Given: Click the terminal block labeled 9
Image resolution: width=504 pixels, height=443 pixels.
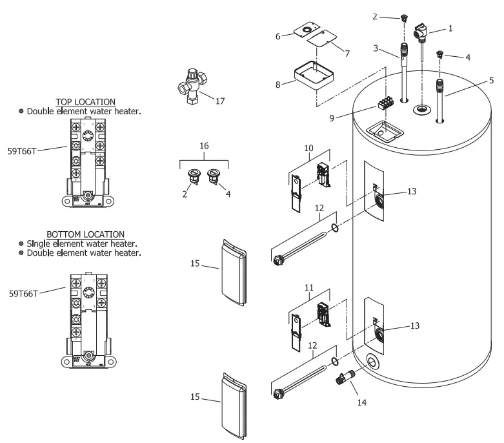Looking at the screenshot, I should tap(386, 105).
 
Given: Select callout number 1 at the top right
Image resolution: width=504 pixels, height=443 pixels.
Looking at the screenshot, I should tap(450, 28).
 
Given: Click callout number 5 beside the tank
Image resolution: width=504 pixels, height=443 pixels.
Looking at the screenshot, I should tap(491, 80).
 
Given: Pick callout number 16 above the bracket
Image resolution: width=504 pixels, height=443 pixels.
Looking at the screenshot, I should tap(204, 147).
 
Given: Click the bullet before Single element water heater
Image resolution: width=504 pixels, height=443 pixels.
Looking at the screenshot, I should tap(21, 243).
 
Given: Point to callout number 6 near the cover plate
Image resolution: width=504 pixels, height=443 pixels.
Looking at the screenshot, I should tap(278, 36).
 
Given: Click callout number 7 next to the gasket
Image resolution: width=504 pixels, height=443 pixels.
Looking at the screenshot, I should tap(347, 54).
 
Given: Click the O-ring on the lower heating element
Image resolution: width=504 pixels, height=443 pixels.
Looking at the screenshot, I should tap(334, 360).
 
